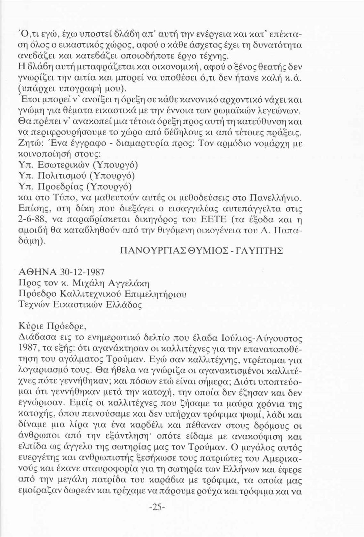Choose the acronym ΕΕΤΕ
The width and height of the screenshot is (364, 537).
click(222, 220)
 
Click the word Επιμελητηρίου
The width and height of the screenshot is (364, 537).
click(155, 294)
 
